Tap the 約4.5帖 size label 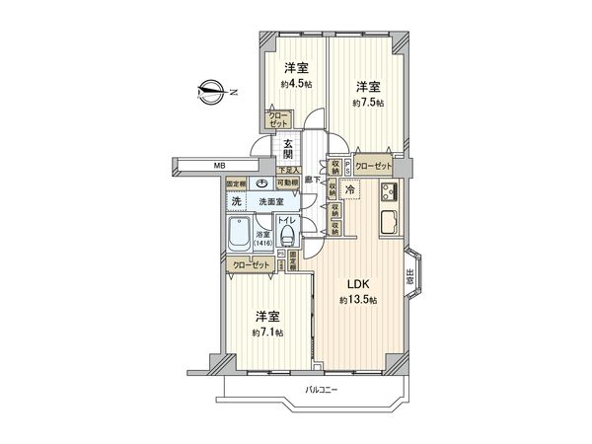pos(295,84)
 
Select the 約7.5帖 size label pos(365,103)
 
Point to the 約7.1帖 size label pos(266,333)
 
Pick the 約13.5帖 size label pos(357,300)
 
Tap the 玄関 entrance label pos(288,151)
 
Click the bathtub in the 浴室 pos(239,237)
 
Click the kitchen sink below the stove pos(387,223)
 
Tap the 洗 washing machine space pos(236,201)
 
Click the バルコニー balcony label pos(321,391)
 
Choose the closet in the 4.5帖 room pos(276,119)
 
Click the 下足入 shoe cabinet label pos(288,171)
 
